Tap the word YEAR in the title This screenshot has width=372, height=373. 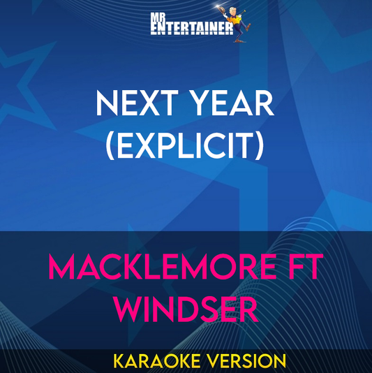(233, 106)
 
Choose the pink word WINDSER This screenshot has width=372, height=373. (186, 308)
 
